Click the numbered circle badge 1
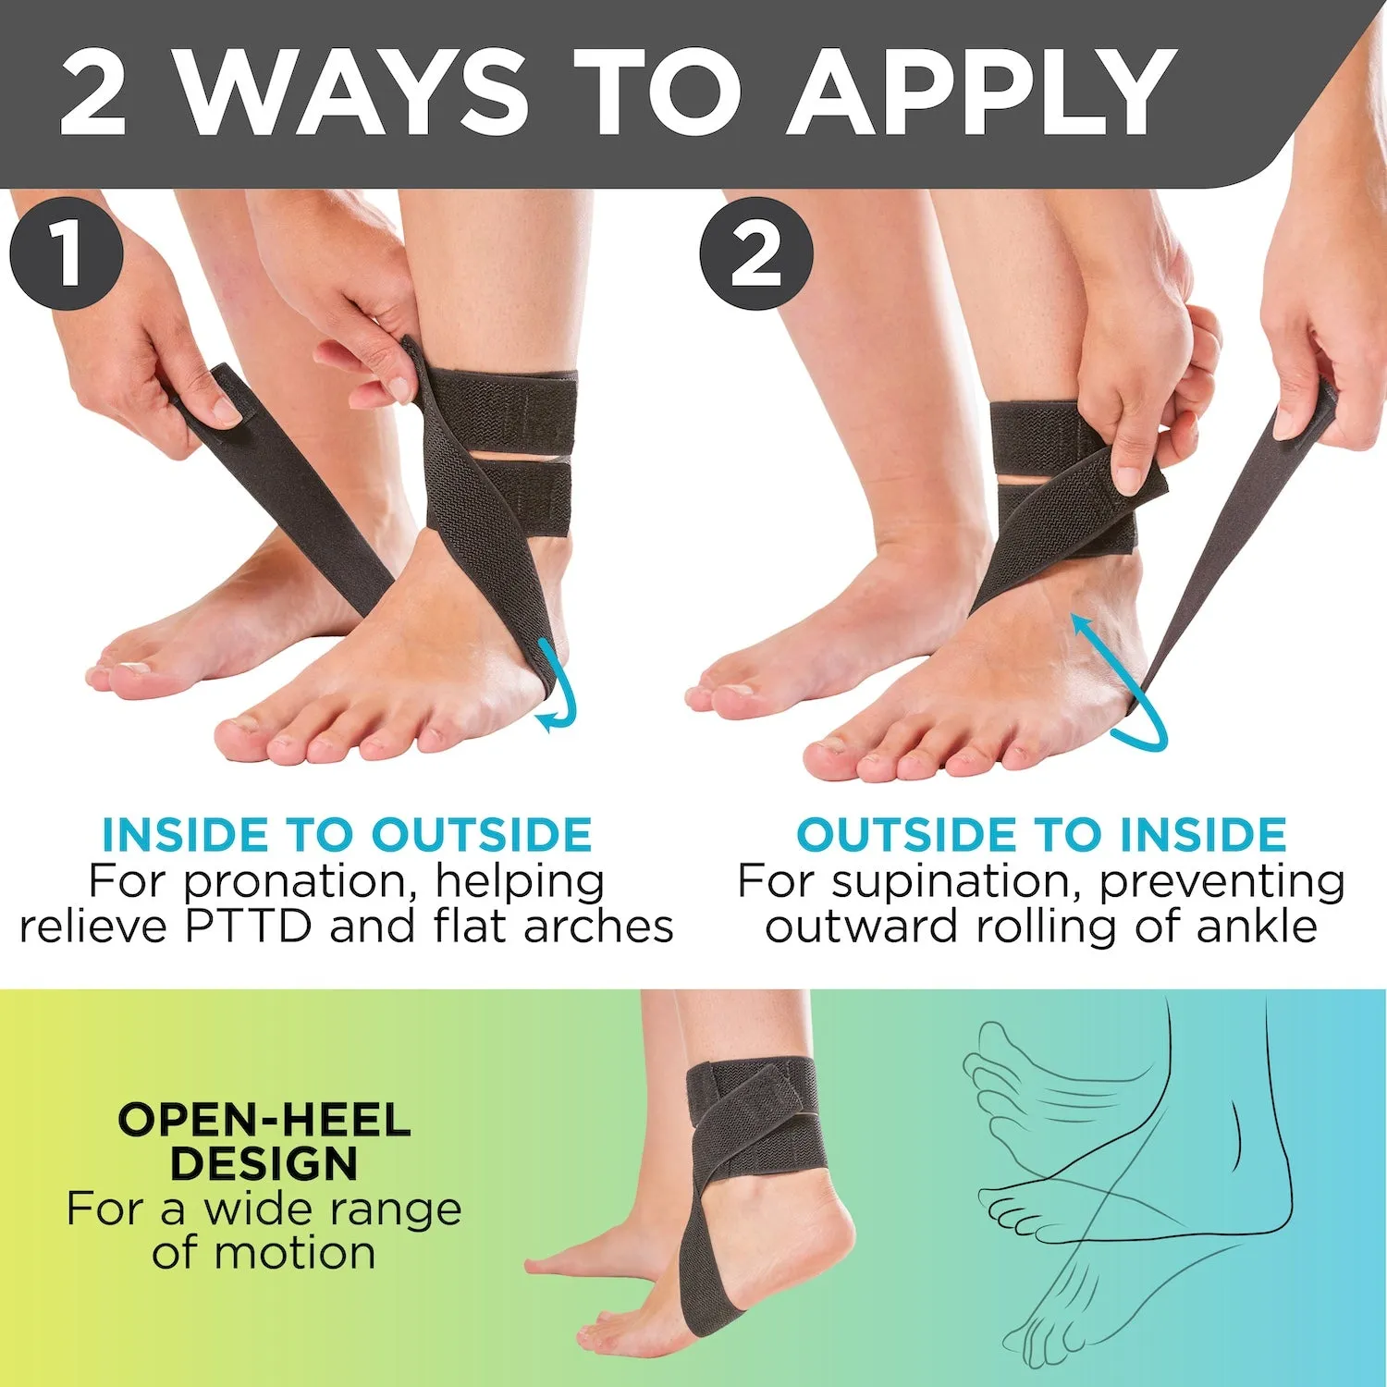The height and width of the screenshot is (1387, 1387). [67, 252]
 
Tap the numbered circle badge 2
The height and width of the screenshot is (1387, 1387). [756, 252]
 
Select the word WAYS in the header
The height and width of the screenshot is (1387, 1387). [352, 92]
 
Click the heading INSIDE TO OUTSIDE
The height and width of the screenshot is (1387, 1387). [347, 835]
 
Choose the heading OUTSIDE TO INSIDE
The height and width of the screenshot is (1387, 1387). [1041, 835]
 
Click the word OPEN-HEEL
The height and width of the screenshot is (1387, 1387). [264, 1121]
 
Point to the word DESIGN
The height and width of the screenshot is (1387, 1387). [264, 1164]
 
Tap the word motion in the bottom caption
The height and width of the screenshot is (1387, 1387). [294, 1254]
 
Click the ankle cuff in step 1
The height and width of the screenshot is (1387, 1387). [504, 453]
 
